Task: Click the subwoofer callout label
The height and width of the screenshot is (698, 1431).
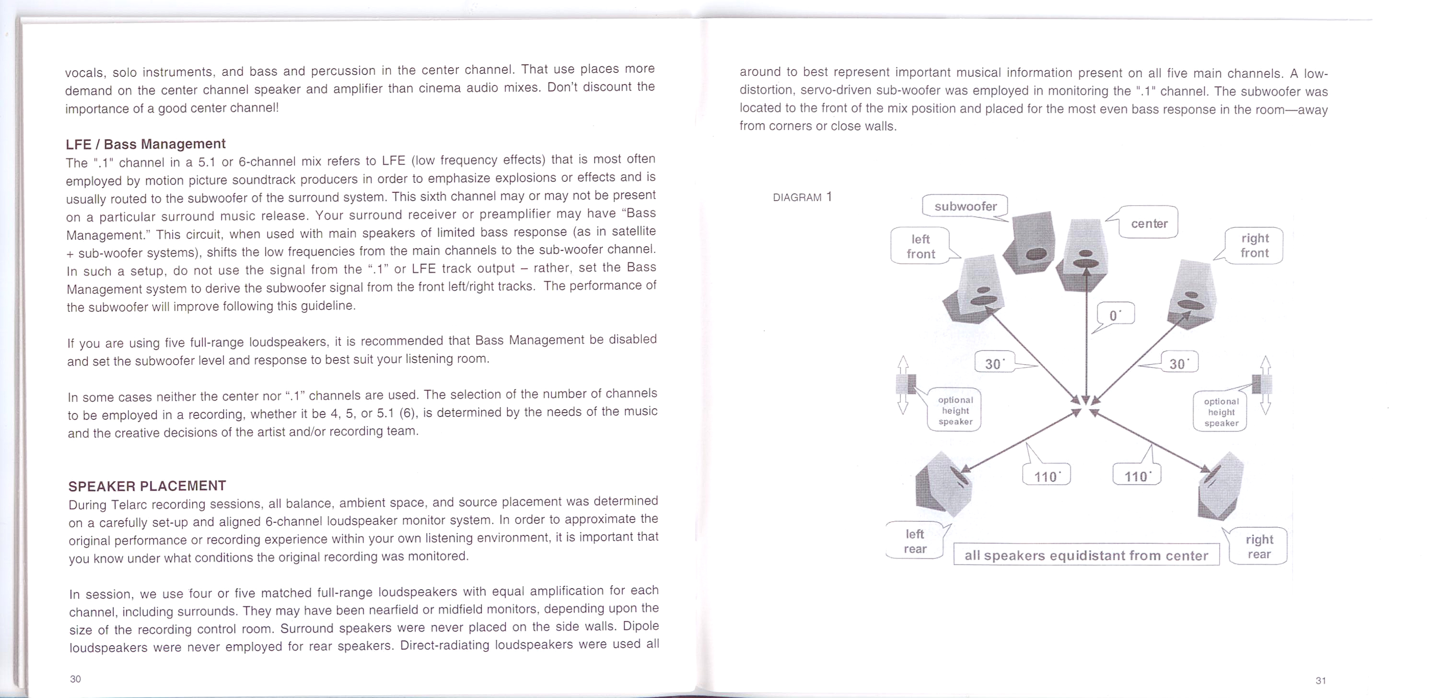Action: [x=965, y=206]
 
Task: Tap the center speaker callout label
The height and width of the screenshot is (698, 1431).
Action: [x=1148, y=224]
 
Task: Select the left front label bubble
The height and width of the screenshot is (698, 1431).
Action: [x=920, y=246]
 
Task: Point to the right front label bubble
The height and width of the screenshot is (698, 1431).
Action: [x=1255, y=246]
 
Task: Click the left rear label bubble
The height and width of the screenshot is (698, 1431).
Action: [x=915, y=541]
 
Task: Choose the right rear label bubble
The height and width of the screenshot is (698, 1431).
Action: [x=1258, y=546]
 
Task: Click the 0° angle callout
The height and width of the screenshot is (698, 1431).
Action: [x=1116, y=315]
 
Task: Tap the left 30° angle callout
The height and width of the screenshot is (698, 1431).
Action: [x=994, y=364]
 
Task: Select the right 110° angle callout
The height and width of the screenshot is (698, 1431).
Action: [x=1137, y=476]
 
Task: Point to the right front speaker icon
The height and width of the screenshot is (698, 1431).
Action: [x=1192, y=295]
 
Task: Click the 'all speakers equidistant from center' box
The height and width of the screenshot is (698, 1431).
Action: [x=1086, y=555]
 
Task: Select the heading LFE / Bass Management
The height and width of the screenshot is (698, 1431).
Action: [x=146, y=144]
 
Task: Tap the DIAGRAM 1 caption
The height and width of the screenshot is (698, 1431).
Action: [x=802, y=197]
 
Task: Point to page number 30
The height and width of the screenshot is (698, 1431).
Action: [x=76, y=678]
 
